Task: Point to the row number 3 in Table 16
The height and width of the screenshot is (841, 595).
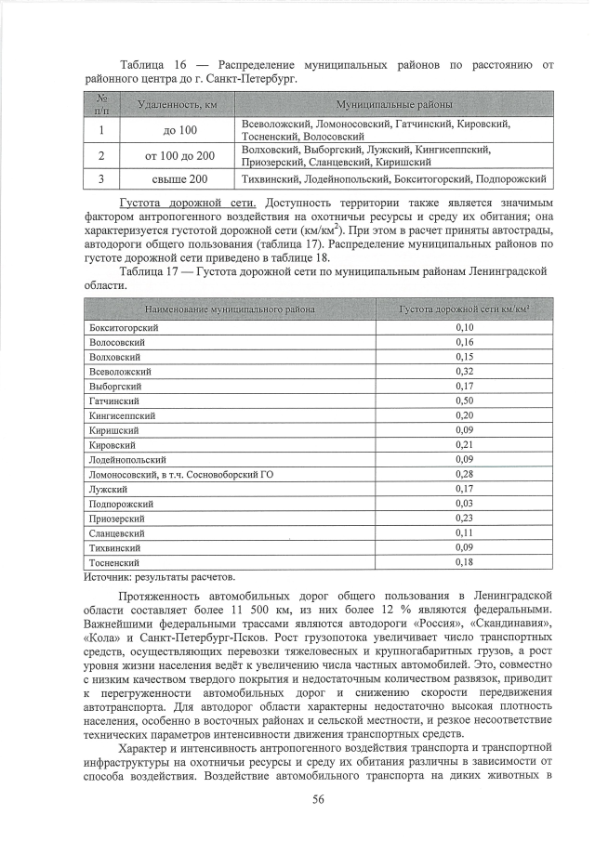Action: pyautogui.click(x=100, y=178)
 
